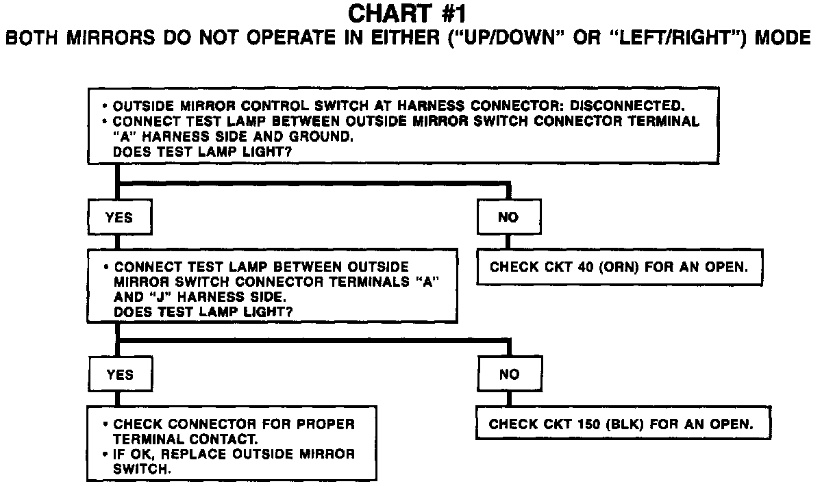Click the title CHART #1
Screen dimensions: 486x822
pos(409,13)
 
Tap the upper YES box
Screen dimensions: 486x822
pos(119,218)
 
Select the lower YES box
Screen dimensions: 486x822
pos(119,374)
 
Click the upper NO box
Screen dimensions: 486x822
pos(509,218)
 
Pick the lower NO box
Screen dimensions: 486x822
pos(509,374)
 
